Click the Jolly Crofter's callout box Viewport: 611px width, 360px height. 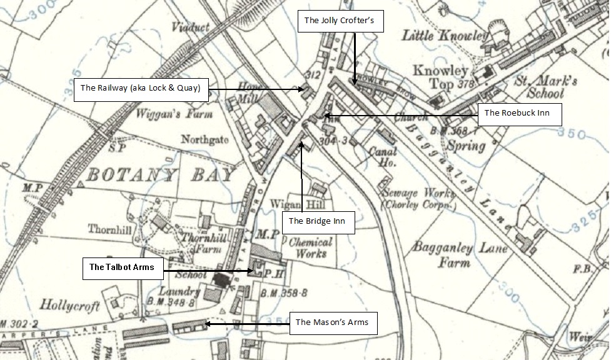click(x=340, y=21)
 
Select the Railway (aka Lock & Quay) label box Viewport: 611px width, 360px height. click(x=141, y=89)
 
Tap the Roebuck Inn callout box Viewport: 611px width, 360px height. click(x=520, y=114)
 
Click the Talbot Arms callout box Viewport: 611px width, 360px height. click(x=123, y=267)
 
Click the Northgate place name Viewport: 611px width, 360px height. click(x=205, y=139)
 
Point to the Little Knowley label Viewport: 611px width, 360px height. click(x=445, y=36)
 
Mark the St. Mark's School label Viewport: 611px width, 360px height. click(x=537, y=88)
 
